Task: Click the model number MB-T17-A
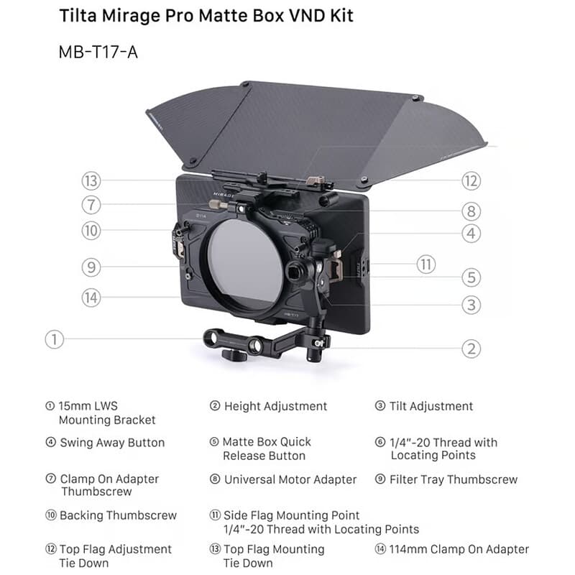(x=98, y=52)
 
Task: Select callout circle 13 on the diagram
(x=91, y=181)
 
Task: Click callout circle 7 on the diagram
(x=91, y=205)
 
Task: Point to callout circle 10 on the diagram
(x=91, y=231)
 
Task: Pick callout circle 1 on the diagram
(x=55, y=339)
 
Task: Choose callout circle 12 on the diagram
(x=471, y=181)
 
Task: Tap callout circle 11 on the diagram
(x=426, y=264)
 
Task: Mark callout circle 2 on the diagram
(x=471, y=349)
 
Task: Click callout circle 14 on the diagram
(x=91, y=298)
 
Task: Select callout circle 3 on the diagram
(x=471, y=305)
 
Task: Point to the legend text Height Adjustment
(x=275, y=406)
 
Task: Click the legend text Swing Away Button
(x=112, y=443)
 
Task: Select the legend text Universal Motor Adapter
(x=290, y=479)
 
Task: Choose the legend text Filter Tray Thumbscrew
(x=454, y=479)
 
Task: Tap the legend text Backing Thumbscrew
(x=118, y=515)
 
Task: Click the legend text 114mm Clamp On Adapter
(x=459, y=549)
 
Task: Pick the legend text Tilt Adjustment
(x=431, y=406)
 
